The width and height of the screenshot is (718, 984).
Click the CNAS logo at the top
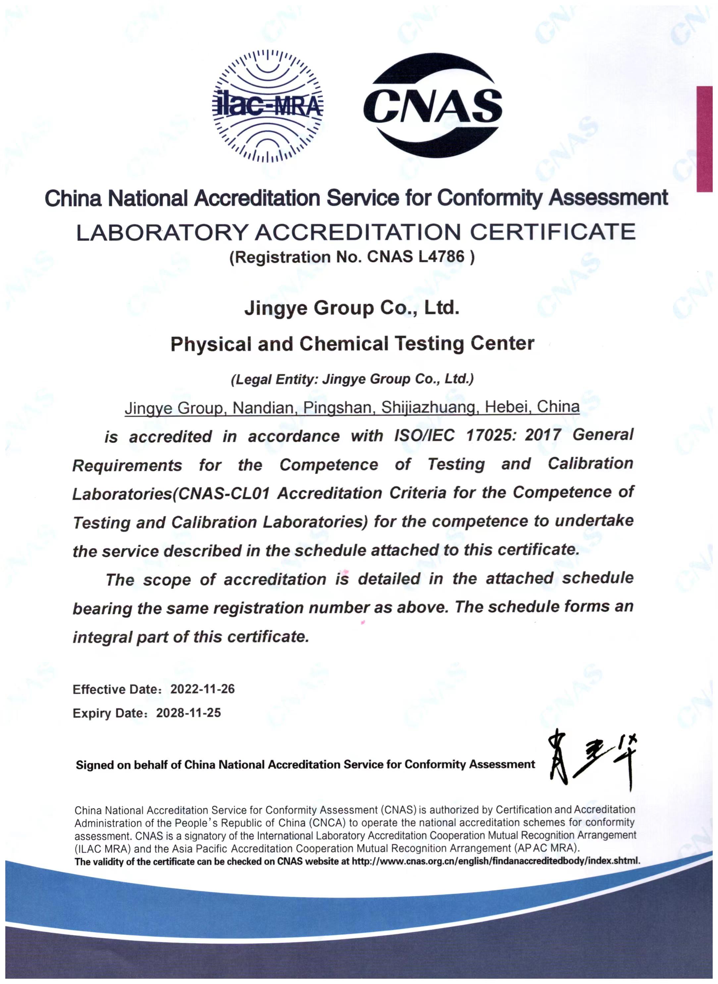pos(433,106)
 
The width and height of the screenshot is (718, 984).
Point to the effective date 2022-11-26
pos(203,689)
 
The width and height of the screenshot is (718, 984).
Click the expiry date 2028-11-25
pos(189,713)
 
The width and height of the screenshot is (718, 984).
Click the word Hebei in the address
pos(506,407)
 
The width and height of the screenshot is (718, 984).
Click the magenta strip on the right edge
pos(704,139)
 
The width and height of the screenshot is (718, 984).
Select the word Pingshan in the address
pos(337,408)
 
